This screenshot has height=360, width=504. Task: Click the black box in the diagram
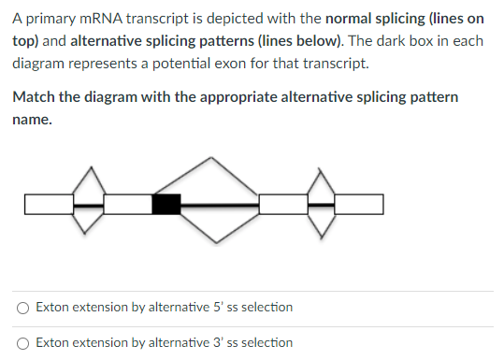click(x=166, y=204)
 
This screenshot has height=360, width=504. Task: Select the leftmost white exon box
click(x=49, y=204)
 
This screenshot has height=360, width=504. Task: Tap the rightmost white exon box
click(x=358, y=204)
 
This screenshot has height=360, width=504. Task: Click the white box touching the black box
click(x=127, y=204)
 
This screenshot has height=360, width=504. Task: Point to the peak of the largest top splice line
click(x=219, y=158)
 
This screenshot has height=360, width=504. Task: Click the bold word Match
click(x=35, y=98)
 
